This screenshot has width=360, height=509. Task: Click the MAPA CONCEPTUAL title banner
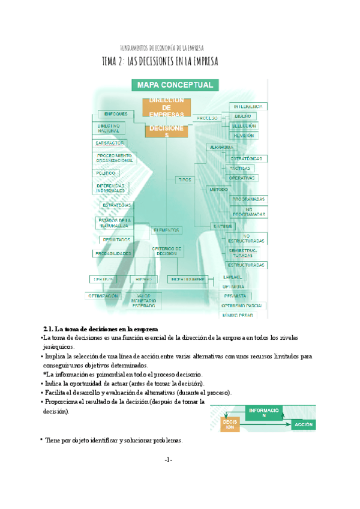pyautogui.click(x=175, y=85)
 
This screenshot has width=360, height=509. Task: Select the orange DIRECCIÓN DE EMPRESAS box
pyautogui.click(x=167, y=107)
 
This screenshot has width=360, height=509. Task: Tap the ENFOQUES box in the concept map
pyautogui.click(x=115, y=114)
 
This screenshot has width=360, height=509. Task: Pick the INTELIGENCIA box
pyautogui.click(x=247, y=106)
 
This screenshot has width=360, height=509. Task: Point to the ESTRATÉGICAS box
pyautogui.click(x=247, y=158)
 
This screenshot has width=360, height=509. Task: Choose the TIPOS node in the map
pyautogui.click(x=184, y=179)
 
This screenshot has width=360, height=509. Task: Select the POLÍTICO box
pyautogui.click(x=106, y=173)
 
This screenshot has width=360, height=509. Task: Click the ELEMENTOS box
pyautogui.click(x=166, y=230)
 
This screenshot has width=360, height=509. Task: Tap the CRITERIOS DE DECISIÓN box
pyautogui.click(x=166, y=251)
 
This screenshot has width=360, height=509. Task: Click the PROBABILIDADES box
pyautogui.click(x=113, y=253)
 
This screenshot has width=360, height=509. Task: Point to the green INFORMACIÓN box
pyautogui.click(x=263, y=412)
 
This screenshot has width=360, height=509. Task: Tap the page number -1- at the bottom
pyautogui.click(x=168, y=460)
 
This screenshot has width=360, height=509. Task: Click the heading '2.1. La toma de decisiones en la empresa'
pyautogui.click(x=100, y=330)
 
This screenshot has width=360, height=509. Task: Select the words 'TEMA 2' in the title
pyautogui.click(x=113, y=61)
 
